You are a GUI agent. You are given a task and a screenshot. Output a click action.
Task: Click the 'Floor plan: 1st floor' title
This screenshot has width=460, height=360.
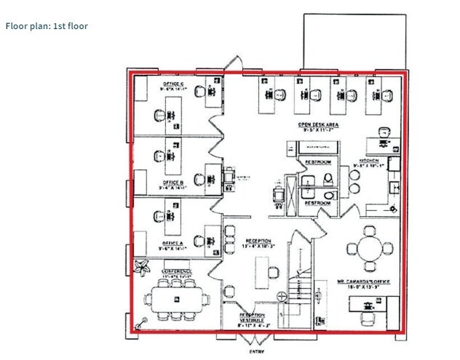pyautogui.click(x=47, y=26)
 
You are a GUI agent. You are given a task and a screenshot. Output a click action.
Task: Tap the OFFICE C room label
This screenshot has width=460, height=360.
pyautogui.click(x=172, y=84)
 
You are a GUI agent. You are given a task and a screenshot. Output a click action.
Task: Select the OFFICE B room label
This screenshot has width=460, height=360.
pyautogui.click(x=172, y=183)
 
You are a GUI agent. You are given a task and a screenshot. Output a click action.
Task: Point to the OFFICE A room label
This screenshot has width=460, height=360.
pyautogui.click(x=172, y=243)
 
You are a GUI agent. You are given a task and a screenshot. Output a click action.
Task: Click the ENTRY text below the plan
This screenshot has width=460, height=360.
pyautogui.click(x=255, y=351)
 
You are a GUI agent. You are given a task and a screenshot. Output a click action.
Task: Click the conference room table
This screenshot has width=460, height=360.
pyautogui.click(x=175, y=298)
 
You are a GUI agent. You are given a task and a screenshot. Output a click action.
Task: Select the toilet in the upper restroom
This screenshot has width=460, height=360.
pyautogui.click(x=328, y=177)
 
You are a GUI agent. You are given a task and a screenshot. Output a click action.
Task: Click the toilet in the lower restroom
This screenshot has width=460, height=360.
pyautogui.click(x=328, y=194)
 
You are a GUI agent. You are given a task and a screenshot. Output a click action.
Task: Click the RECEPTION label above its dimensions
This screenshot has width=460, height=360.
pyautogui.click(x=258, y=241)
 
